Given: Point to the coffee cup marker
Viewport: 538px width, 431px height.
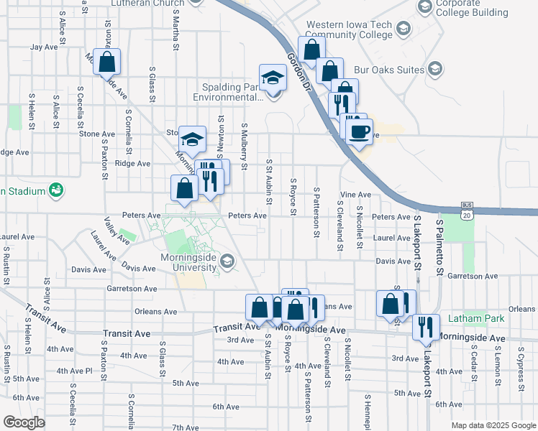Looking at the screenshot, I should pos(359,131).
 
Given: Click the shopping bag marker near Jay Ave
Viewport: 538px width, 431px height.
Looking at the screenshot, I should pos(106,62).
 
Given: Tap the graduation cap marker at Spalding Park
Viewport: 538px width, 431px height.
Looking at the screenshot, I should pos(273,78).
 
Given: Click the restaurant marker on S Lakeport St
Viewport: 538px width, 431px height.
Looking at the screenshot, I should pos(425,327).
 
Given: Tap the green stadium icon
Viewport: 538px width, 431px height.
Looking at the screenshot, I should pos(55,190).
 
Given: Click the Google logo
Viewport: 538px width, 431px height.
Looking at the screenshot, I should pos(24,422).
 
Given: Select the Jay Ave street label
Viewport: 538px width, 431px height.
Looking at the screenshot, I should pos(44,47).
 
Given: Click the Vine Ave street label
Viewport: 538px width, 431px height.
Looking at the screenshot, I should pos(355,195).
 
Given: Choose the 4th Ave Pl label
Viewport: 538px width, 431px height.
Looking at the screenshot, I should pos(75,371).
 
